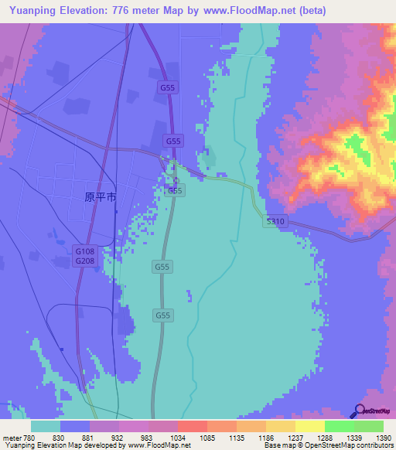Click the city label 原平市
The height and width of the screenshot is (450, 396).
[100, 197]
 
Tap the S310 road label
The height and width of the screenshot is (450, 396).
[276, 221]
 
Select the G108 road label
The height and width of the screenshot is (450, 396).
[84, 251]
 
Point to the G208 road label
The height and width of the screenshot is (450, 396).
[84, 261]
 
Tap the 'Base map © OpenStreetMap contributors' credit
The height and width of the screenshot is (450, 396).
[329, 445]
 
